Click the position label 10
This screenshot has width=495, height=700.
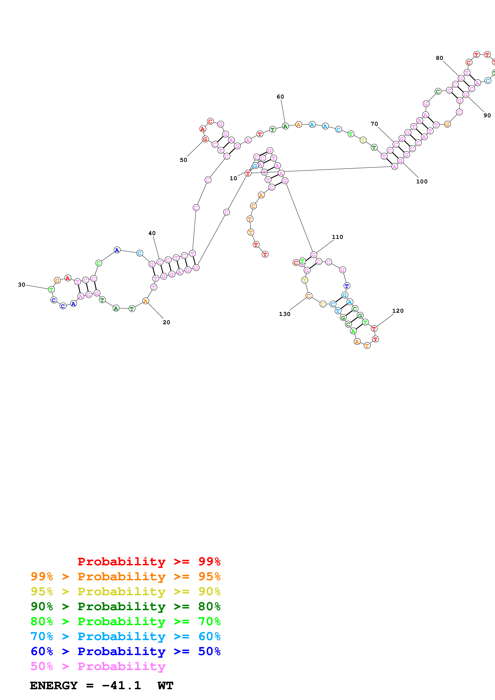(x=233, y=178)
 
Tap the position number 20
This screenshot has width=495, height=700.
(x=166, y=322)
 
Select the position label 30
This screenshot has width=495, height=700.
(x=21, y=285)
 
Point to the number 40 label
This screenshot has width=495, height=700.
(x=152, y=233)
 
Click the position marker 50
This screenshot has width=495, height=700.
(x=183, y=160)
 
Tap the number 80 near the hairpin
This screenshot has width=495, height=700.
(x=439, y=58)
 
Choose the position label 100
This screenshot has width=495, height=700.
(x=422, y=181)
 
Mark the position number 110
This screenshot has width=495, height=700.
(x=337, y=237)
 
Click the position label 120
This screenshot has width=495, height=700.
(x=398, y=311)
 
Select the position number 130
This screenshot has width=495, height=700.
(x=285, y=314)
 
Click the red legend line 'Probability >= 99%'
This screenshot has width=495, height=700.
(x=149, y=562)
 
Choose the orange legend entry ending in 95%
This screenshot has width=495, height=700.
(x=126, y=576)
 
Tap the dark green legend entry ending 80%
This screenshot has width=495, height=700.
(x=126, y=606)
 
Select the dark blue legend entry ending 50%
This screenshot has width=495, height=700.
(x=126, y=651)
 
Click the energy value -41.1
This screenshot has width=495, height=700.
(x=121, y=686)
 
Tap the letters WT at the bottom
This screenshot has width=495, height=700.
(x=166, y=686)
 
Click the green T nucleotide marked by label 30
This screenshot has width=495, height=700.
(x=51, y=289)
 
